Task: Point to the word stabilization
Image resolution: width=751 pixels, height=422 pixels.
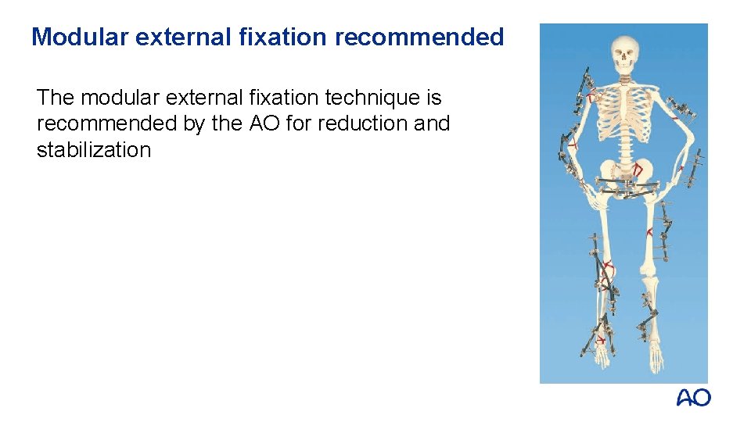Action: pos(94,150)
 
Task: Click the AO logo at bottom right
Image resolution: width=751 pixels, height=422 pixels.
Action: pos(693,399)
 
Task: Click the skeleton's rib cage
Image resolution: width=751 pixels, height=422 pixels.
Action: pos(624,117)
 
